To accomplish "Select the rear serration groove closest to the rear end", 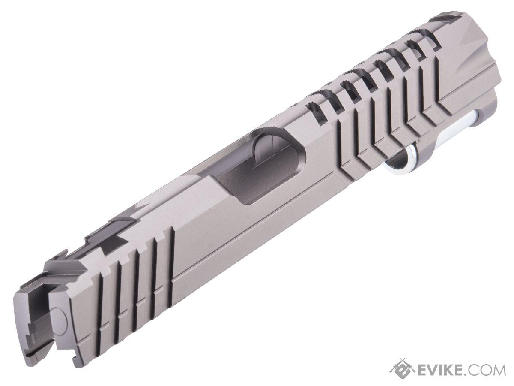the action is click(x=101, y=314).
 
